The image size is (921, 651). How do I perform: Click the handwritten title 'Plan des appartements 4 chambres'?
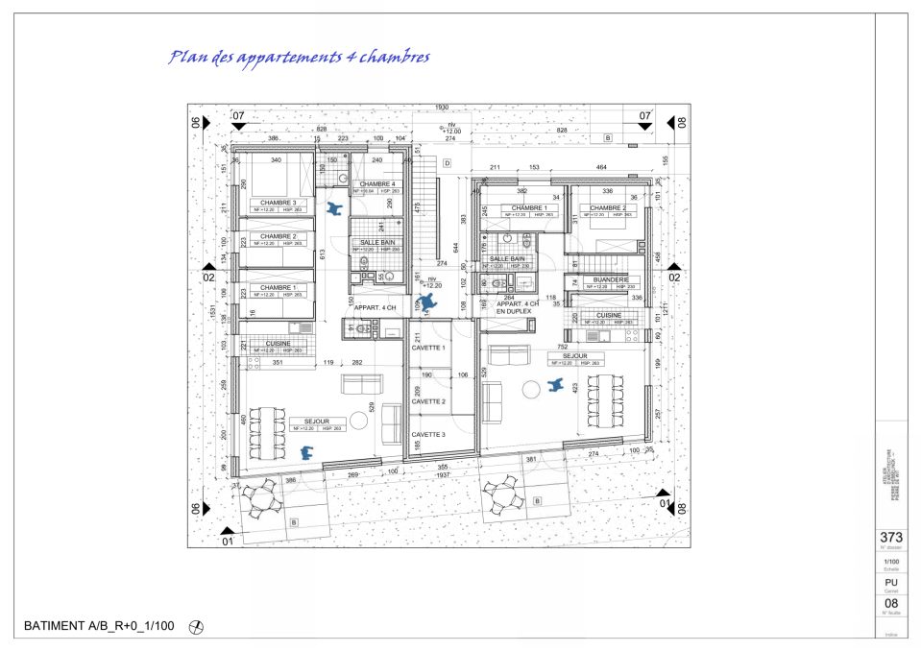coord(299,58)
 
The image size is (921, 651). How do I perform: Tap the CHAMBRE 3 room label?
coord(278,203)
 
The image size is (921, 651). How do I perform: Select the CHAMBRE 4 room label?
coord(376,184)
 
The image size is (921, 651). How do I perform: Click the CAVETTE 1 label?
coord(428,348)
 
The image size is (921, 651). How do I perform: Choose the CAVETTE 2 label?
coord(428,401)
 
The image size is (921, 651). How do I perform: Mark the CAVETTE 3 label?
coord(428,435)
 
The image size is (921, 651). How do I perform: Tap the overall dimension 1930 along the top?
coord(442,108)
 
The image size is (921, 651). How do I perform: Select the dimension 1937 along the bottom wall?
coord(442,474)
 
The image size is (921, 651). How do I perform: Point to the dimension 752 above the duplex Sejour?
coord(576,348)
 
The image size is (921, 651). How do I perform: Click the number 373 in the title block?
coord(890,538)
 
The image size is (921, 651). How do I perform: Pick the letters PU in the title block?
coord(890,581)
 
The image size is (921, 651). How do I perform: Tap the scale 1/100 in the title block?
coord(890,561)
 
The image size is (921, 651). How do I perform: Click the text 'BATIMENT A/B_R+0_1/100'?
coord(98,626)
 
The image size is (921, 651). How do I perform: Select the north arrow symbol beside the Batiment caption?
coord(197,627)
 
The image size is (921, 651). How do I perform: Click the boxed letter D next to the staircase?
coord(447,163)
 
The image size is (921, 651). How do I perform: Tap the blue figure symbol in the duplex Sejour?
coord(554,385)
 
